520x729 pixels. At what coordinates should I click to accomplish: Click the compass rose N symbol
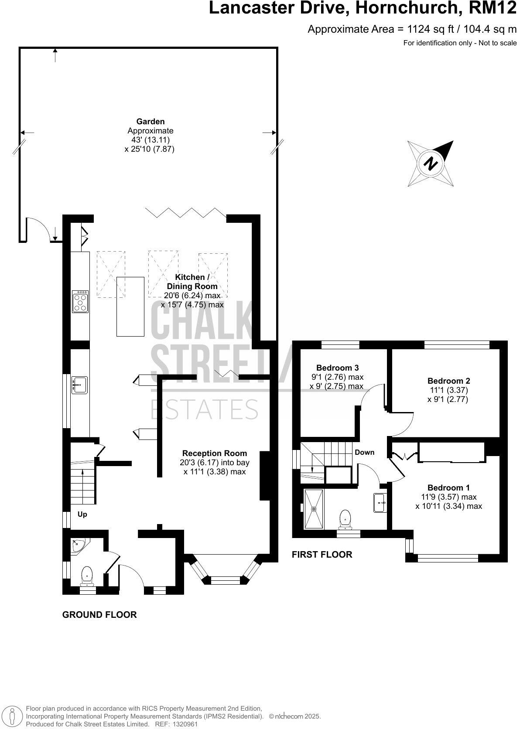coord(431,164)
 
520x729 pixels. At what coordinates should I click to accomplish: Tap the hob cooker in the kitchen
coord(81,301)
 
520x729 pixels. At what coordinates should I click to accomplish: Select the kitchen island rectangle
coord(130,307)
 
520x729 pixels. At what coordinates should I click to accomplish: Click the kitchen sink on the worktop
coord(80,385)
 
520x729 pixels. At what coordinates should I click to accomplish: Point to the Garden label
coord(151,122)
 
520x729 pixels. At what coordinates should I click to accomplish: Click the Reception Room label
coord(215,453)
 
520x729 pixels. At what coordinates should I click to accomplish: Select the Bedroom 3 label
coord(337,368)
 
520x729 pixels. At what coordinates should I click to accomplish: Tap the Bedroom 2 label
coord(448,381)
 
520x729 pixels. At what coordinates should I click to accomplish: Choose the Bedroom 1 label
coord(448,487)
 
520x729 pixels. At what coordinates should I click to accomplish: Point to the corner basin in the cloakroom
coord(79,545)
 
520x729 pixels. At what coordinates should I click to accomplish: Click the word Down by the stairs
coord(364,452)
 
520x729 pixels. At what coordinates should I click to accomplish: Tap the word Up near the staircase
coord(82,514)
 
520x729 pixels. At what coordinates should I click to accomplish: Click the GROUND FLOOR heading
coord(99,615)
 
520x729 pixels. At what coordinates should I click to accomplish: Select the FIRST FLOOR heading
coord(322,555)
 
